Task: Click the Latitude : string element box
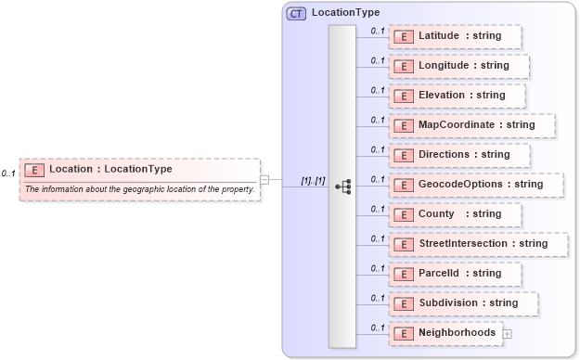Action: (x=455, y=36)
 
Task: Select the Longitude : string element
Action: (x=459, y=66)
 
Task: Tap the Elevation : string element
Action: (x=457, y=96)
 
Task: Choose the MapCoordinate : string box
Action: (x=471, y=125)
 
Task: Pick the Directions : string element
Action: (x=459, y=155)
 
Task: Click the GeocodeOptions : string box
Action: (x=475, y=185)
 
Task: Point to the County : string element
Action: (x=455, y=214)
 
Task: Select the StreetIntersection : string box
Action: (x=477, y=244)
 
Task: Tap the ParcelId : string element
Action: (x=455, y=274)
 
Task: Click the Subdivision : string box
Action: (x=463, y=303)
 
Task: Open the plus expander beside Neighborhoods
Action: (x=507, y=333)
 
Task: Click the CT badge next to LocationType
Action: (x=297, y=14)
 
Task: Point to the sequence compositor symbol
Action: (x=342, y=186)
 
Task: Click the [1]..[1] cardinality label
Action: (x=313, y=180)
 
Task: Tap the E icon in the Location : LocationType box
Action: (x=34, y=170)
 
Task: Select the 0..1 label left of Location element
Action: (x=8, y=174)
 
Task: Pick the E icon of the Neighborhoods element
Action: (x=404, y=333)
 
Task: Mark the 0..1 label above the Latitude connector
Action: (x=377, y=31)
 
